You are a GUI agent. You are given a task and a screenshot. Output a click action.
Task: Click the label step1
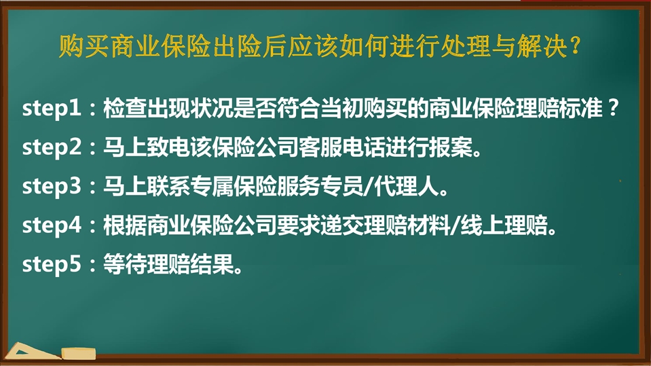click(51, 109)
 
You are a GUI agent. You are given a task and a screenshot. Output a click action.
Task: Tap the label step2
click(52, 148)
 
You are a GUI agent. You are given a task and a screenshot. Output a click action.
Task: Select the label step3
click(52, 187)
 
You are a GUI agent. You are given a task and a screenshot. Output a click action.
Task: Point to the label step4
click(52, 226)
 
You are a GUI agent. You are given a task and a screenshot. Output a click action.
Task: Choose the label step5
click(52, 265)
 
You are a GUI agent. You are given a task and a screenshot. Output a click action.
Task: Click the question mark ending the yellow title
click(576, 45)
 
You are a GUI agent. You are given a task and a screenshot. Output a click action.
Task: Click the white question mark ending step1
click(613, 108)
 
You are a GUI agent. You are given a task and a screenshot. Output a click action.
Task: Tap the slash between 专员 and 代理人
click(368, 187)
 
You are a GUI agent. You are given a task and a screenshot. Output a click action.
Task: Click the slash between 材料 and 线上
click(455, 226)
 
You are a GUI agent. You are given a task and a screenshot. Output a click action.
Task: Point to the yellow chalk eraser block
click(79, 354)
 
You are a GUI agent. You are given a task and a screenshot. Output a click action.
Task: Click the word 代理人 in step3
click(407, 187)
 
